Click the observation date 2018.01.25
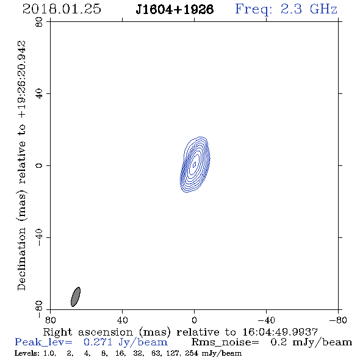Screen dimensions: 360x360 (62, 9)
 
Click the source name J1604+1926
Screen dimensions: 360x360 (175, 10)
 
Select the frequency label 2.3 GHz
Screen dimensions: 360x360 (309, 9)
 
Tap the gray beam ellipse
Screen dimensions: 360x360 (76, 297)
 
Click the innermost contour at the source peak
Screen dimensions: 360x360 (194, 164)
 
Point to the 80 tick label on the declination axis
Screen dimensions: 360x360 (39, 22)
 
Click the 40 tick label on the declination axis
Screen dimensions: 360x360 (39, 94)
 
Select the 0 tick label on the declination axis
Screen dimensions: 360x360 (39, 165)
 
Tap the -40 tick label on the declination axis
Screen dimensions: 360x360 (39, 237)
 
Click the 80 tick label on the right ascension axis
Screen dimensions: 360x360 (50, 320)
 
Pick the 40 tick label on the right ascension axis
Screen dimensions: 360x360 (122, 320)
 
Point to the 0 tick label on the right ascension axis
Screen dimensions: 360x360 (194, 320)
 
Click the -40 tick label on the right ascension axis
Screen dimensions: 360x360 (266, 320)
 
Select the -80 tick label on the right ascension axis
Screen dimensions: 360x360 (338, 320)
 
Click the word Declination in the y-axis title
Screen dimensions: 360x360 (21, 259)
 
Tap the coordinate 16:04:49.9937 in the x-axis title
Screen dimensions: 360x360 (280, 332)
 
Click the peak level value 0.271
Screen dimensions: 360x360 (98, 342)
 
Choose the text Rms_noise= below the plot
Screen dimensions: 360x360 (225, 342)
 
